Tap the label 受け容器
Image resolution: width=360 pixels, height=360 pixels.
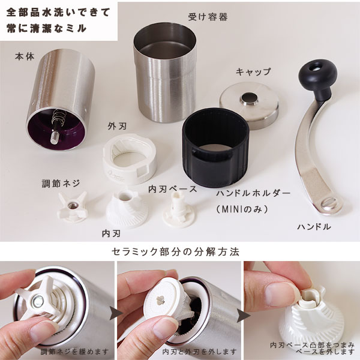pos(208,17)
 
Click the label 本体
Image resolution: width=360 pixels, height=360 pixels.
pos(25,56)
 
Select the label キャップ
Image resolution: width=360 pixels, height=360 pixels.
pos(253,71)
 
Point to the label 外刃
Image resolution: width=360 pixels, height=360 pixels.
pos(117,126)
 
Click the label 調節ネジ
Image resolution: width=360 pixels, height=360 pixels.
pos(61,184)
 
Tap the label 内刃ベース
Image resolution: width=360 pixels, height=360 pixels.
pos(172,189)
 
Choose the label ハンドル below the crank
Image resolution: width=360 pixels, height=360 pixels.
pos(314,227)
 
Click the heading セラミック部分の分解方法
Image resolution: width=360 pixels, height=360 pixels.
pos(175,251)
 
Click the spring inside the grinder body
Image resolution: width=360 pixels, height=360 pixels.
pos(57,118)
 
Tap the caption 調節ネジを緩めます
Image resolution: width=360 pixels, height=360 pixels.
pos(75,351)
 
